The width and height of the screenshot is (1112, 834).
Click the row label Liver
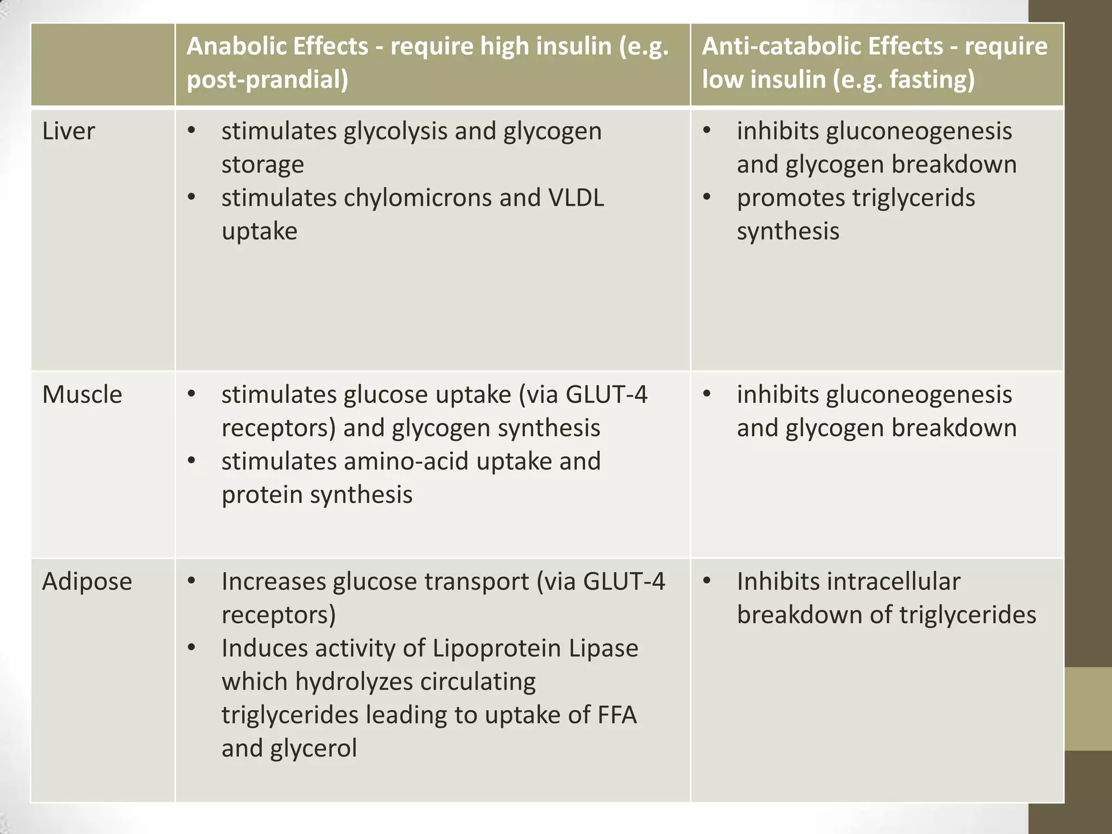[x=68, y=131]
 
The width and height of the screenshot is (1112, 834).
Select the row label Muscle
[x=82, y=395]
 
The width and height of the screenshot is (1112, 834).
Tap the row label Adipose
[x=87, y=582]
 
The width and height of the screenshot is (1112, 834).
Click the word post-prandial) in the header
[x=268, y=80]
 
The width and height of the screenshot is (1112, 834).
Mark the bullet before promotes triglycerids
[x=706, y=197]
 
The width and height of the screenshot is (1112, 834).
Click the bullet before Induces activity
[x=191, y=648]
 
